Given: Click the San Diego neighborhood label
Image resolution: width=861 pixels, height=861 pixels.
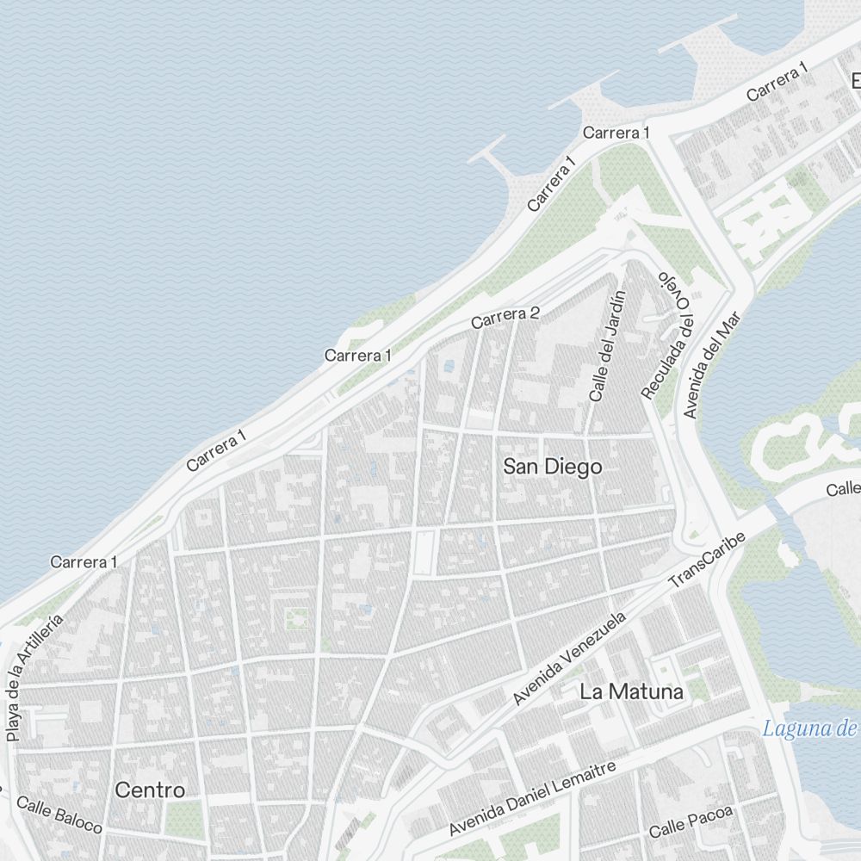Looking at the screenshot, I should pos(552,467).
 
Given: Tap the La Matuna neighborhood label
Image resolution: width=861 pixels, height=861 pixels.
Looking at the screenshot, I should pos(631,691).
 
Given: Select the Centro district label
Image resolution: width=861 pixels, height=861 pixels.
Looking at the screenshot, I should pos(150,790).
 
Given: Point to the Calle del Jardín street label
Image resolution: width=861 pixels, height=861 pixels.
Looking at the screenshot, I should pos(606,347).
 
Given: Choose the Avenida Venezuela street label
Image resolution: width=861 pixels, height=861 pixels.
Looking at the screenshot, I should pos(568,659).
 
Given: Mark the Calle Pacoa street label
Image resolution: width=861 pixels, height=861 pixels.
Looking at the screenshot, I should pos(691,821).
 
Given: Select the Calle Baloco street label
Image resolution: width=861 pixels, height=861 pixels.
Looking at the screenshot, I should pos(59,815).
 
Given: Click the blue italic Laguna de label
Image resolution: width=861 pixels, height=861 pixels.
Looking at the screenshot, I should pos(809,729).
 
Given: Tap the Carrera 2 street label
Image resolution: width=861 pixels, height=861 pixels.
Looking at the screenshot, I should pos(505,318).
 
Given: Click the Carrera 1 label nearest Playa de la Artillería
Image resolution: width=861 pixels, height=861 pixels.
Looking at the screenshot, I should pos(84,562).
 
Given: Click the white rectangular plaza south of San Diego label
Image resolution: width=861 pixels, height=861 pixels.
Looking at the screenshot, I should pos(424,553).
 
